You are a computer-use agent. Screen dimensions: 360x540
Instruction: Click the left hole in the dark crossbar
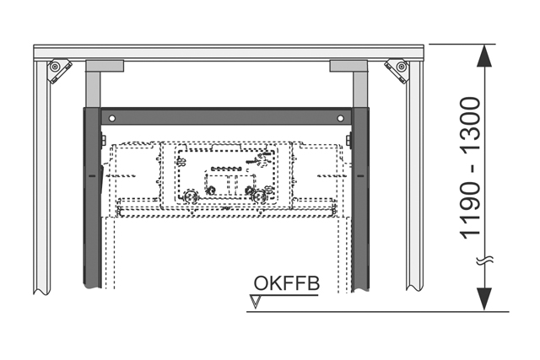[106, 117]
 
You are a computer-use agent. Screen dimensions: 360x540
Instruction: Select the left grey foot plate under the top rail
[105, 65]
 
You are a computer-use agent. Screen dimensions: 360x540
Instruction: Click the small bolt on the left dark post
[102, 139]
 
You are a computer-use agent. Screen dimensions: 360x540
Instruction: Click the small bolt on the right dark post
[348, 139]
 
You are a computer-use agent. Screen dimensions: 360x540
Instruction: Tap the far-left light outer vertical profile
[40, 177]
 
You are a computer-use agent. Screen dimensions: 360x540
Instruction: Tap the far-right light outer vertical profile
[413, 177]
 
